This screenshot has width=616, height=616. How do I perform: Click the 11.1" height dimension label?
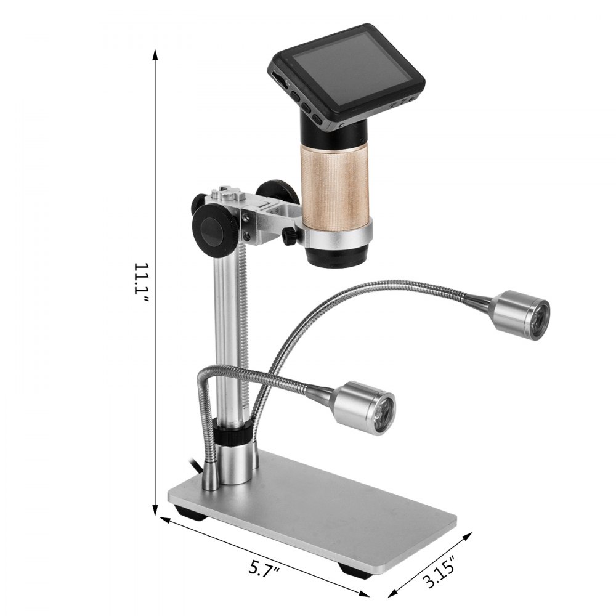point(140,283)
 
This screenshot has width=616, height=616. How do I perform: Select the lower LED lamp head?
point(363,408)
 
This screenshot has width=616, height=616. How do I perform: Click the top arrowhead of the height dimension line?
point(155,55)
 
